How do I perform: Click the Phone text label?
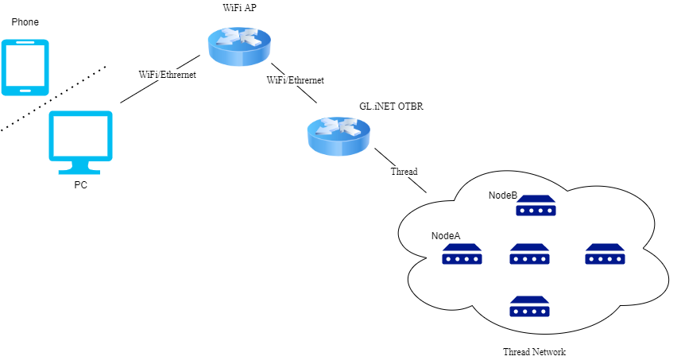coord(25,21)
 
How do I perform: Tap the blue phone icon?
coord(25,67)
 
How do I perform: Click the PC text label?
coord(80,185)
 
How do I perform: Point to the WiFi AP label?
coord(239,7)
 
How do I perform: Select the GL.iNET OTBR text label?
coord(384,105)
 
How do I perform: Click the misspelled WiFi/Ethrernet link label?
coord(167,74)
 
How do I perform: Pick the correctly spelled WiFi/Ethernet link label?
coord(296,80)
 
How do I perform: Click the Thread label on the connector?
coord(404,171)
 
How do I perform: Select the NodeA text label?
coord(446,236)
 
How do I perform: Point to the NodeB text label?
coord(503,195)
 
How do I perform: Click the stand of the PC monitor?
coord(80,168)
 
